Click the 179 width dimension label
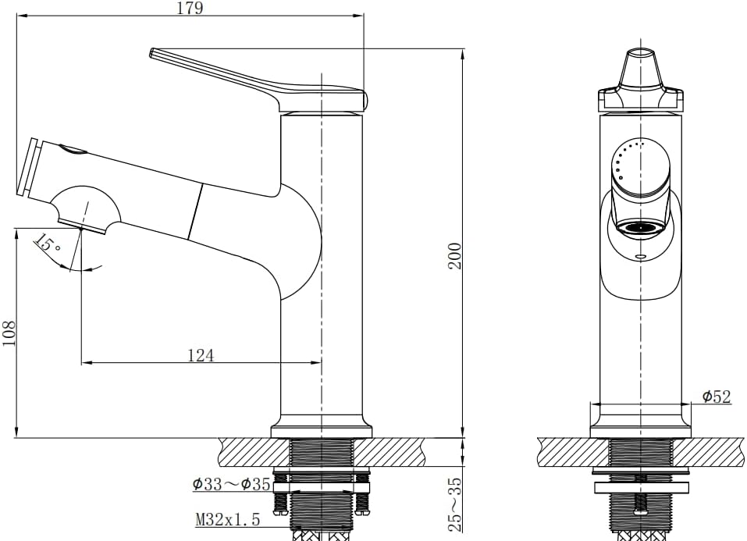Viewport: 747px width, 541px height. (190, 8)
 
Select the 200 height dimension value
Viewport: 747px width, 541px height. (455, 256)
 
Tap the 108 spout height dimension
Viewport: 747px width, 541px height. (9, 333)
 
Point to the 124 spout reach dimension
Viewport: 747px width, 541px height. (201, 355)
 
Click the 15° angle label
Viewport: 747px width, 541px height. (48, 243)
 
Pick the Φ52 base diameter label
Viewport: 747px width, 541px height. (717, 396)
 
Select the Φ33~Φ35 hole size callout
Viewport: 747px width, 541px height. (232, 484)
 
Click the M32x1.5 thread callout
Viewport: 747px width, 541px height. (228, 519)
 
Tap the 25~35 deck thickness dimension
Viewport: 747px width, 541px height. (455, 505)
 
